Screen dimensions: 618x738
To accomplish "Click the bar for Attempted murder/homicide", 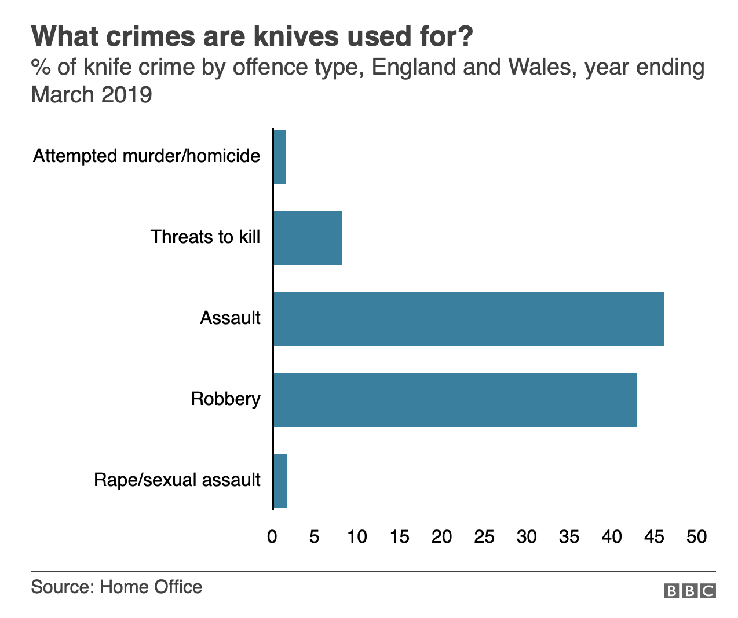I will [280, 157].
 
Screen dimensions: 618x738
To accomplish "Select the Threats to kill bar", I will [308, 238].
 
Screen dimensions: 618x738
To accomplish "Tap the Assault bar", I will [468, 319].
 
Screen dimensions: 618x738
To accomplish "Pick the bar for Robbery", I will [455, 400].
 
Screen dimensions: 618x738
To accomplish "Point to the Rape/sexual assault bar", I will [280, 481].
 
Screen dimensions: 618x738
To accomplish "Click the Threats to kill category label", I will [205, 237].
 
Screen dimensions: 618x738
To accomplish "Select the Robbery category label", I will [225, 399].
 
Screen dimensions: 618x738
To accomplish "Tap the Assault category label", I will [230, 318].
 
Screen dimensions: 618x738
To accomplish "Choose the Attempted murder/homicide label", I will [147, 156].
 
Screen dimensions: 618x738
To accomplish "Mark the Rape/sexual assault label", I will [177, 480].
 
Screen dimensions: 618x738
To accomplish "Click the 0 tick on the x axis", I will [272, 537].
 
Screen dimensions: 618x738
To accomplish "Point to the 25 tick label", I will [484, 537].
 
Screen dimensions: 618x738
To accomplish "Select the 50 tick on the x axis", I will [697, 537].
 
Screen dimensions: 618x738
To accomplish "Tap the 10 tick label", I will [357, 537].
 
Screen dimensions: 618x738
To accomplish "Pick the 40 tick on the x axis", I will [612, 537].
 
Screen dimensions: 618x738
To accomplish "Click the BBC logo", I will [689, 591].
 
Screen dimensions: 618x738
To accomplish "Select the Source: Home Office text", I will [116, 587].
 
